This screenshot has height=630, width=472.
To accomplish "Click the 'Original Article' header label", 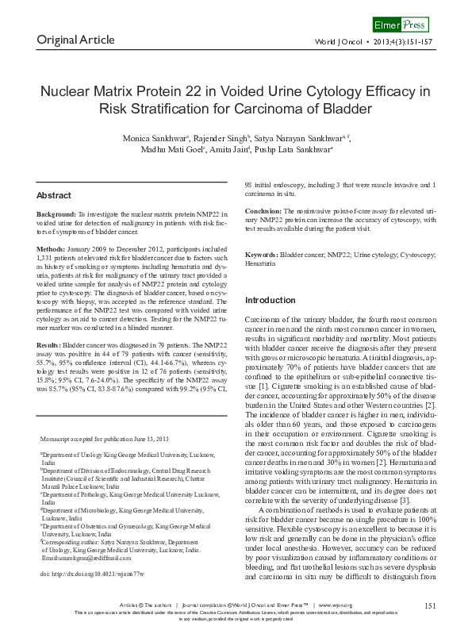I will click(75, 40).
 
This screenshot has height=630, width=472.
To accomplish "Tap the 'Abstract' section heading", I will click(54, 194).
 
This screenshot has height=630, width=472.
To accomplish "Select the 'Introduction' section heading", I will click(271, 300).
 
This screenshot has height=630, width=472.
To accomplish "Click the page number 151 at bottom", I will click(431, 605).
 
